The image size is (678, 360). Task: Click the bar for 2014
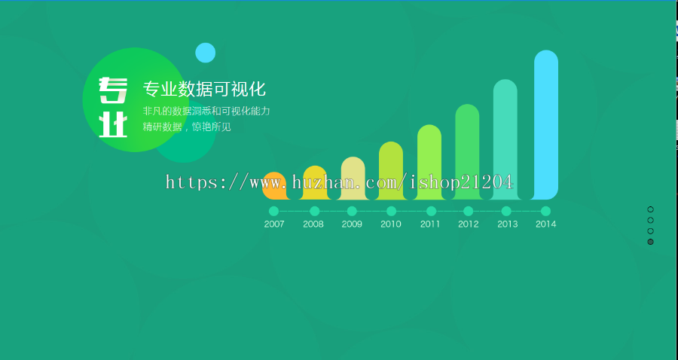tap(546, 124)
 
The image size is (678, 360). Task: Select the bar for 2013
tap(505, 139)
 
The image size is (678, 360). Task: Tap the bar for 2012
tap(467, 151)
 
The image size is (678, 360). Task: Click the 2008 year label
tap(313, 224)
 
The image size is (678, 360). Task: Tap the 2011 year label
tap(430, 224)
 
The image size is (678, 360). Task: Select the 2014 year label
tap(545, 224)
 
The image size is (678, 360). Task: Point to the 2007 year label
tap(274, 224)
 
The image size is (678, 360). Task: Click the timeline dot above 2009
tap(352, 211)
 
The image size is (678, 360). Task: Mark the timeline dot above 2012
tap(468, 211)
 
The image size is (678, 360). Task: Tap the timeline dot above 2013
tap(506, 211)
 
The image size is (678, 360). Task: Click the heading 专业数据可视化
tap(204, 90)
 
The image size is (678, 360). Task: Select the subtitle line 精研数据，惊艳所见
tap(187, 127)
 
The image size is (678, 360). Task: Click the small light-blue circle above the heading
tap(206, 53)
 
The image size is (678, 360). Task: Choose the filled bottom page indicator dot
tap(650, 242)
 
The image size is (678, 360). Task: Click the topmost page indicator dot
tap(650, 209)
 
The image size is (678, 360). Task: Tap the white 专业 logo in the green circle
tap(113, 107)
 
